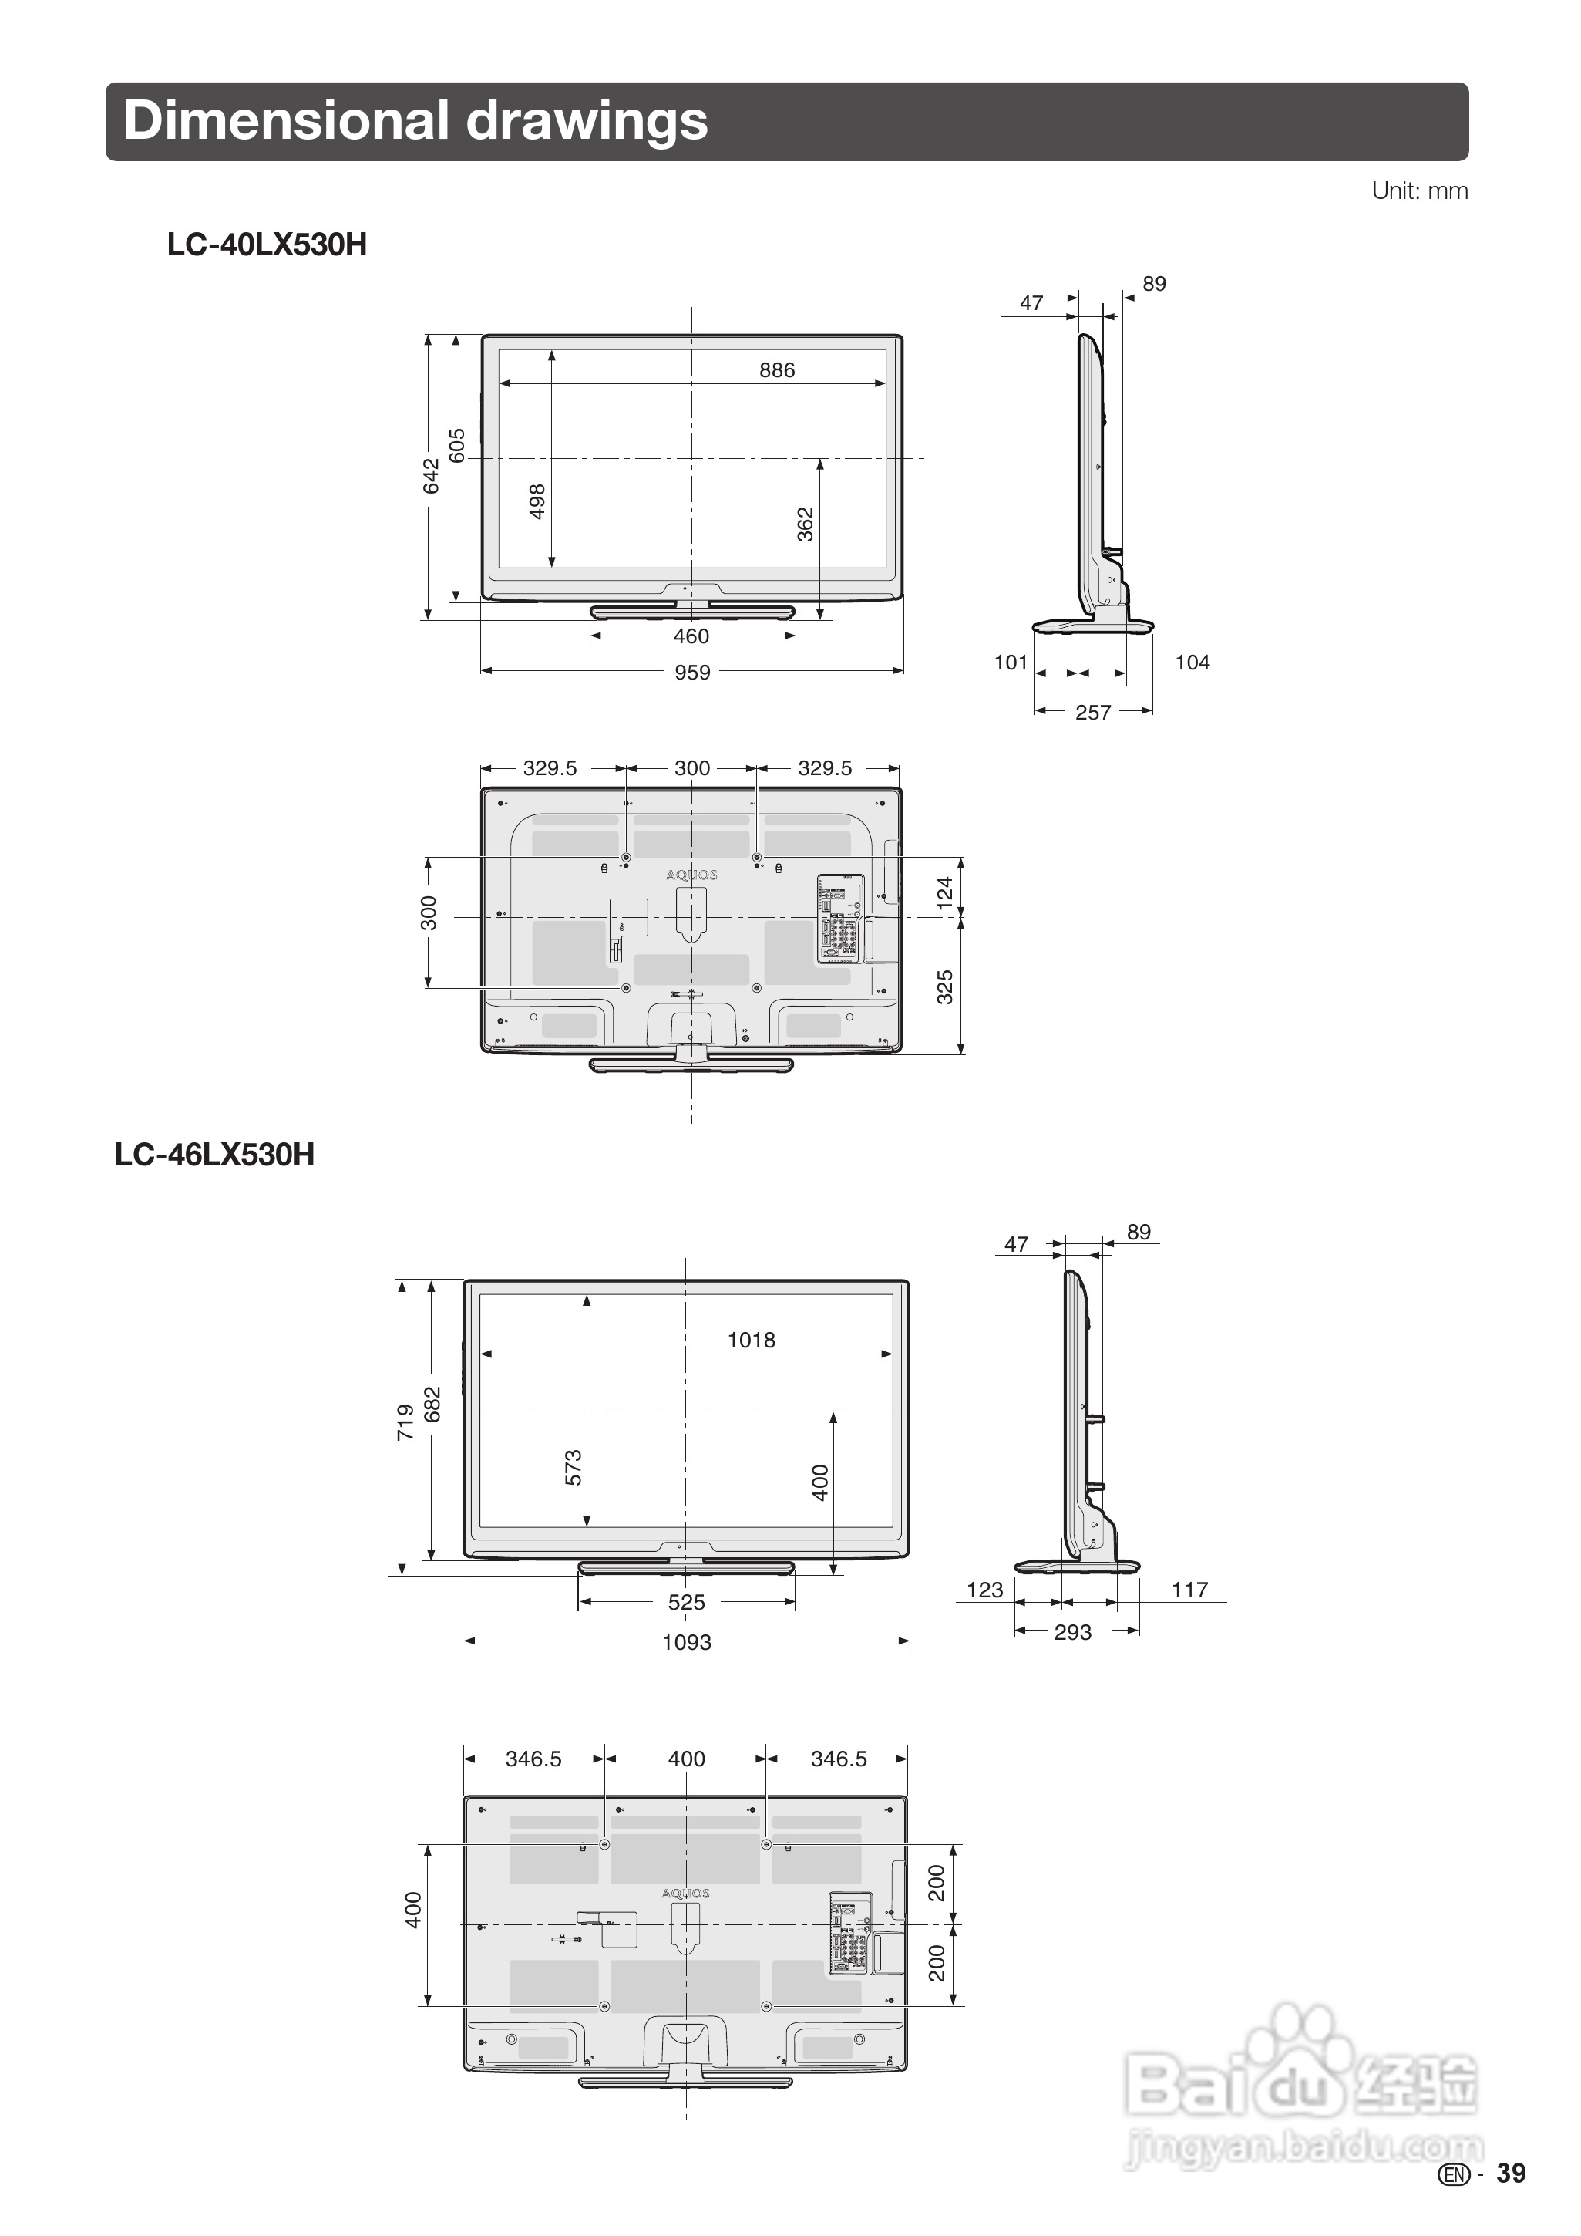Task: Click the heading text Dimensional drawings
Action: (x=415, y=122)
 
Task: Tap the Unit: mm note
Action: (x=1418, y=191)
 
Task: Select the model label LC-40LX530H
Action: (x=267, y=245)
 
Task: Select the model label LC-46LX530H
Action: (x=214, y=1154)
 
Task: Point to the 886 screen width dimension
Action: (x=777, y=370)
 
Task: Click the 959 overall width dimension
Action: (x=692, y=672)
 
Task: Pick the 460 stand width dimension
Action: (x=691, y=636)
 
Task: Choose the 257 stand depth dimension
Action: (x=1092, y=712)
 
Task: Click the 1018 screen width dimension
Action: (x=751, y=1340)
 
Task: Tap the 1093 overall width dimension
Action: (x=686, y=1642)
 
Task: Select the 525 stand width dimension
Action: (x=686, y=1602)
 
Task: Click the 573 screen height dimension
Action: (x=574, y=1468)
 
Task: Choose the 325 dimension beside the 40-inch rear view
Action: (x=944, y=986)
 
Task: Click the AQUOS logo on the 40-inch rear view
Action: (x=691, y=875)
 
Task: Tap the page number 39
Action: (x=1511, y=2174)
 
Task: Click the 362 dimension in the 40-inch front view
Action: (x=805, y=524)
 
